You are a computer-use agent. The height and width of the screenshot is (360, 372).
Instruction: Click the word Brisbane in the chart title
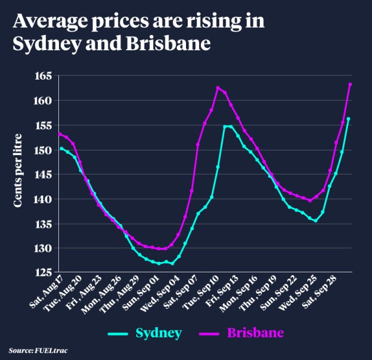pos(172,43)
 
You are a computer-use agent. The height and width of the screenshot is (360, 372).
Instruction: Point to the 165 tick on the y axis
pos(43,76)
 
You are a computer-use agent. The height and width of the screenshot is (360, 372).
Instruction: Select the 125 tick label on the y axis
pos(43,273)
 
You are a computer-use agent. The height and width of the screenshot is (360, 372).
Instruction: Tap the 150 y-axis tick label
pos(43,150)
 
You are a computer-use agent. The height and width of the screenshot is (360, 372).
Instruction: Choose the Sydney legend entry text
pos(159,332)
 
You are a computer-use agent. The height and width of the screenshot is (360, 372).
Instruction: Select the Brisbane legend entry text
pos(255,332)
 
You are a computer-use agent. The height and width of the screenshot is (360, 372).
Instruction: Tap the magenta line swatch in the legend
pos(210,333)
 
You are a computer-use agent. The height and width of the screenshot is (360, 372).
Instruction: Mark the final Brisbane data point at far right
pos(350,85)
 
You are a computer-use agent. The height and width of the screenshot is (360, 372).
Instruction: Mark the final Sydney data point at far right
pos(349,119)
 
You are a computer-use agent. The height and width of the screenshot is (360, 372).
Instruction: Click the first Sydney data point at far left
pos(61,149)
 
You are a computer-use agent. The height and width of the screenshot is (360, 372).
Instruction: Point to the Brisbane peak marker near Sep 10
pos(218,88)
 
